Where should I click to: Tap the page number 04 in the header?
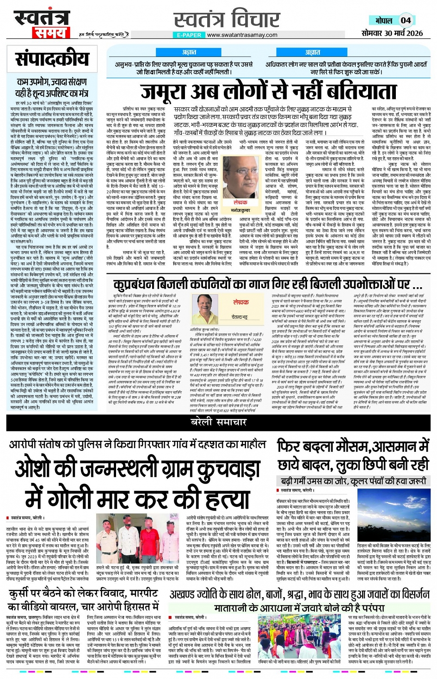[406, 20]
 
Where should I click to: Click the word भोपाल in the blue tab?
[383, 21]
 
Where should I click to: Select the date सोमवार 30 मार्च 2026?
[392, 33]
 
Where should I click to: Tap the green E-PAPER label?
[189, 35]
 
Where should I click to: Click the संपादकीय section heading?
[52, 59]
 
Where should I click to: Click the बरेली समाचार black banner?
[218, 422]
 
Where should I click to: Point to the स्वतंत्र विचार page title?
[227, 20]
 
